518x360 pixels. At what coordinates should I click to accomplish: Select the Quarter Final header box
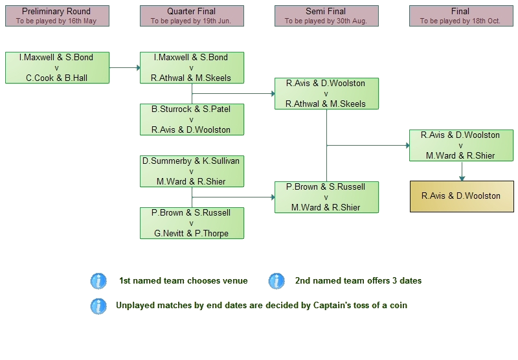coord(192,16)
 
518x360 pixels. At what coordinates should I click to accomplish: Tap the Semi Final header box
coord(326,16)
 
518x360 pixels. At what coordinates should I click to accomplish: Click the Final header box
coord(460,16)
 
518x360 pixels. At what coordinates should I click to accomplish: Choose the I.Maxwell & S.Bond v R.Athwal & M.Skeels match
coord(192,68)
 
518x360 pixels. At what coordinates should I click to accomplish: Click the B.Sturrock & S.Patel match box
coord(192,120)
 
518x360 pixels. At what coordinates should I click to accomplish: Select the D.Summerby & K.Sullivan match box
coord(192,171)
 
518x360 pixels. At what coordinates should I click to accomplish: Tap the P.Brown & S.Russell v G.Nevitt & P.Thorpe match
coord(192,223)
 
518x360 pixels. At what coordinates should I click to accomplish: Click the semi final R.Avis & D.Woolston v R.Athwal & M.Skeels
coord(326,93)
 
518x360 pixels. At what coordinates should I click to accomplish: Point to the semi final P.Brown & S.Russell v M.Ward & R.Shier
coord(326,197)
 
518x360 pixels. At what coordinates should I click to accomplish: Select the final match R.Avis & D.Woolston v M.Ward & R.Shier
coord(460,145)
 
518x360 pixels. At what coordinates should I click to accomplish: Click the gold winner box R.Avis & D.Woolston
coord(460,196)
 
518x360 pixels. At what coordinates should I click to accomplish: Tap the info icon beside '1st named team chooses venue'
coord(98,281)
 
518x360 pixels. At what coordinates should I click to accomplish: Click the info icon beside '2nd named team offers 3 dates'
coord(276,281)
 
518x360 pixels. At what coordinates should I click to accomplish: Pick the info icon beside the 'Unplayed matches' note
coord(98,306)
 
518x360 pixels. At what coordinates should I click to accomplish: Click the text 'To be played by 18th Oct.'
coord(460,21)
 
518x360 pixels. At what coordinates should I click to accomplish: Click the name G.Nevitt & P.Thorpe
coord(192,233)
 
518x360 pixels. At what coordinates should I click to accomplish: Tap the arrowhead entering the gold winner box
coord(461,179)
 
